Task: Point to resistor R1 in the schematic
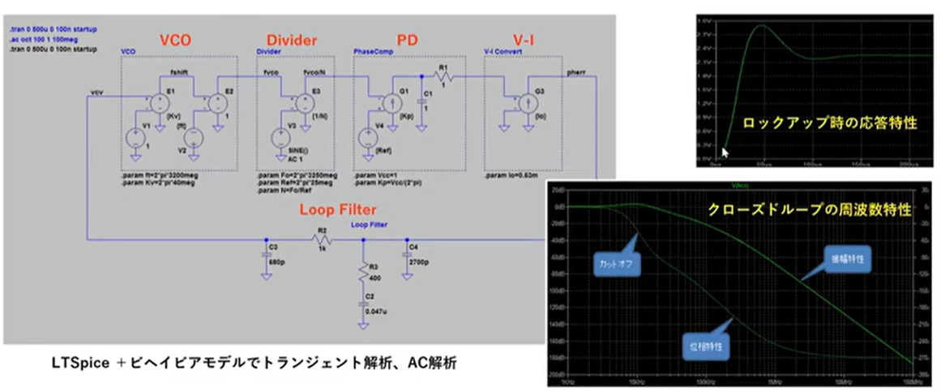(443, 75)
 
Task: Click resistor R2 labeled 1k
(322, 239)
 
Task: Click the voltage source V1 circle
(135, 137)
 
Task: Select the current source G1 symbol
(387, 103)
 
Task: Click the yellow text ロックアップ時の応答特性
(829, 123)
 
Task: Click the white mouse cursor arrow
(725, 151)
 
